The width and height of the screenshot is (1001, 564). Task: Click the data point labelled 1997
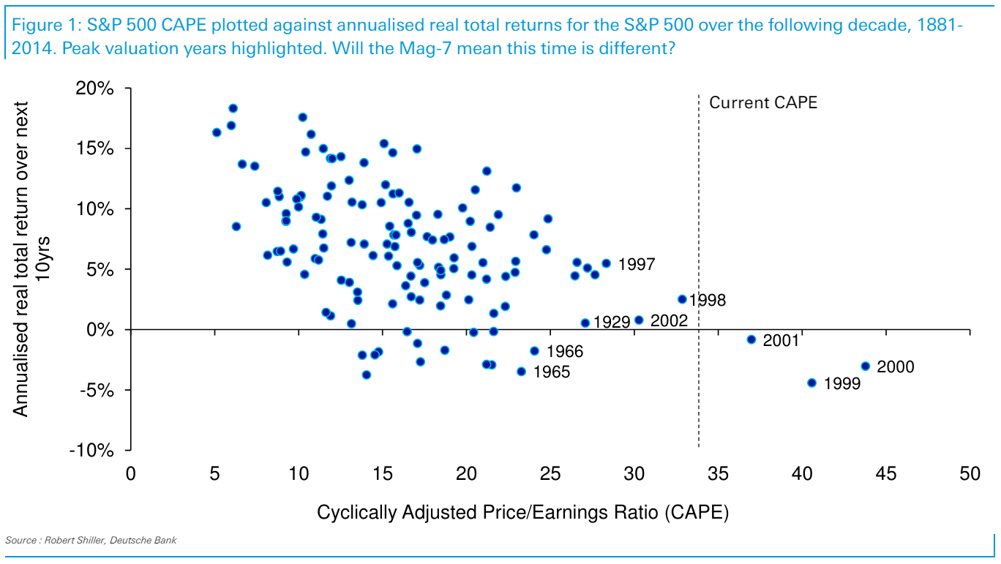[606, 263]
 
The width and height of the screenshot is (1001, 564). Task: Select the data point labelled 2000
[865, 366]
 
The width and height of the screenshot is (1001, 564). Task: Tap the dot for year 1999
[811, 383]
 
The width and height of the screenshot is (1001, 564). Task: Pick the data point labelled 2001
[751, 339]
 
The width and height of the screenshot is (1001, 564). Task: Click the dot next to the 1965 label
[521, 372]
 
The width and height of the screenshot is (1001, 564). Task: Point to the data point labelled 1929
[585, 323]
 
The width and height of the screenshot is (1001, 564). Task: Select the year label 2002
[669, 320]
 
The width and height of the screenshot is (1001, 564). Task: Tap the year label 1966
[564, 352]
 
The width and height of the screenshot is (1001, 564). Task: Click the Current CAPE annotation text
[763, 102]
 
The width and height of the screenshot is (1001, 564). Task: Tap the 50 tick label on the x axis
[970, 474]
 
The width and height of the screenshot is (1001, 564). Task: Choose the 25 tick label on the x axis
[550, 474]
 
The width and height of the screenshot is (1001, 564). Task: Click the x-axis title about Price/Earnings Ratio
[522, 513]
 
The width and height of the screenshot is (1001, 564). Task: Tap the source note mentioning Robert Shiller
[91, 541]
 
